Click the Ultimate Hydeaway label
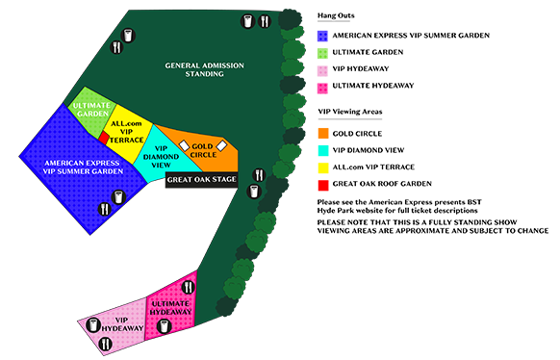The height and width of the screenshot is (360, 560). (x=170, y=309)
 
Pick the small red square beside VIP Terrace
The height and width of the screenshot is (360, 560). (x=104, y=139)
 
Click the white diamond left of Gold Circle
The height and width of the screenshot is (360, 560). (x=184, y=144)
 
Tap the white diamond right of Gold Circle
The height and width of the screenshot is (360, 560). (x=221, y=144)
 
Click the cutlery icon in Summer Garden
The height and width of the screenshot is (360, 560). (x=104, y=209)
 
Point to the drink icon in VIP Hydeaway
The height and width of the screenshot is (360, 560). (x=95, y=324)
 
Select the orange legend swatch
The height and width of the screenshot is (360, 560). (x=321, y=132)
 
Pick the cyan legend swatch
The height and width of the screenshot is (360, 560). (x=321, y=150)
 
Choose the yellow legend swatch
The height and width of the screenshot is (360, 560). (x=321, y=167)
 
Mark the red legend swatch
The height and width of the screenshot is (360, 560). (x=319, y=186)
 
